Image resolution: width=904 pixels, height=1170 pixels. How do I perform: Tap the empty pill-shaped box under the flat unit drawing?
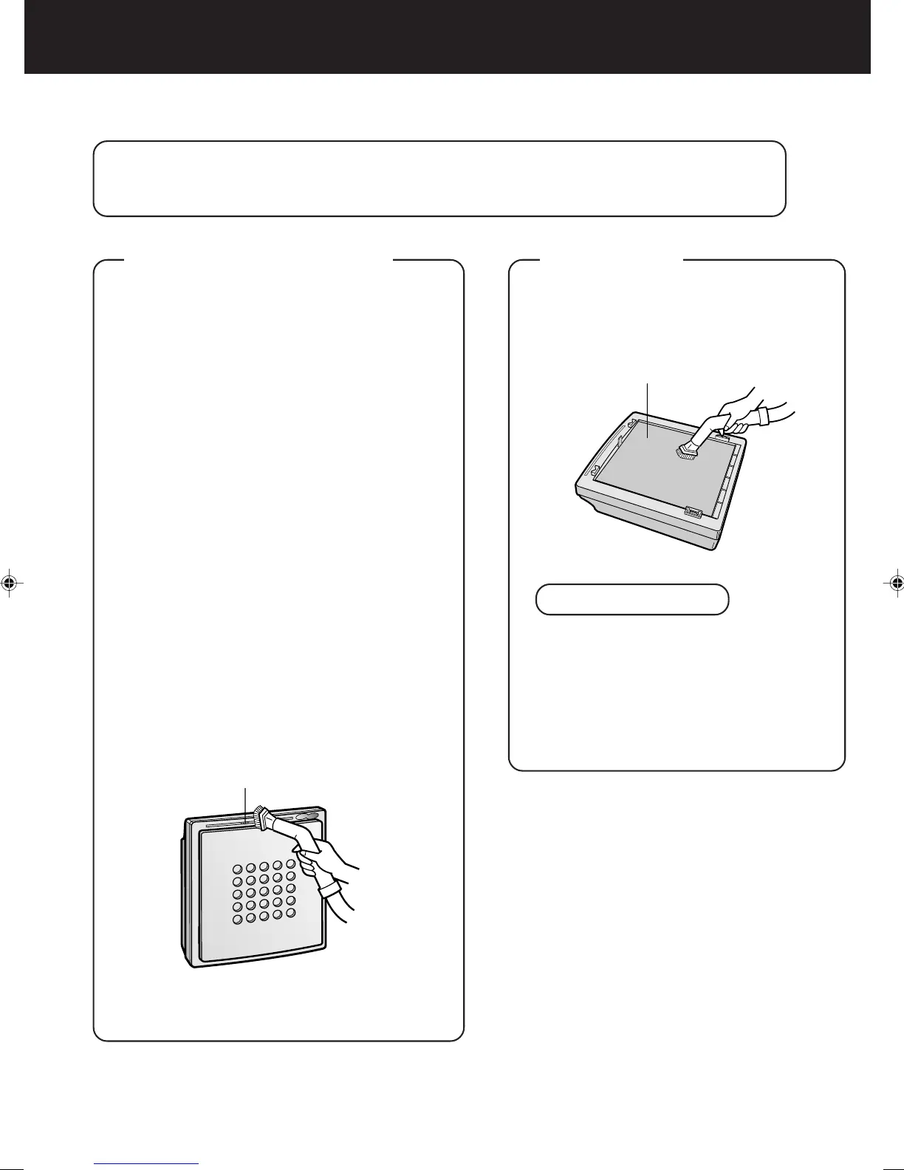tap(632, 599)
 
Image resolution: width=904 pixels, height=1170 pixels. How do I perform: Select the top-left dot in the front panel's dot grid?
tap(238, 869)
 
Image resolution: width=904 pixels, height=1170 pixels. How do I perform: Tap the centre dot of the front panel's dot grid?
tap(264, 892)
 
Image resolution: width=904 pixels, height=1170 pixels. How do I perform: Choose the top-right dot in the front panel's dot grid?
tap(291, 863)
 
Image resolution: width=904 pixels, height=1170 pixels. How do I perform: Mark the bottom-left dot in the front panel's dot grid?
tap(238, 920)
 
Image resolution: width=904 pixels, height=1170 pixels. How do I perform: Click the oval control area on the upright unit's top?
tap(306, 817)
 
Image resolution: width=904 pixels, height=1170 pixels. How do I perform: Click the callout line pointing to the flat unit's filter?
tap(647, 406)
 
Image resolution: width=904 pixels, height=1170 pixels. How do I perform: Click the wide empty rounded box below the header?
tap(439, 179)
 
